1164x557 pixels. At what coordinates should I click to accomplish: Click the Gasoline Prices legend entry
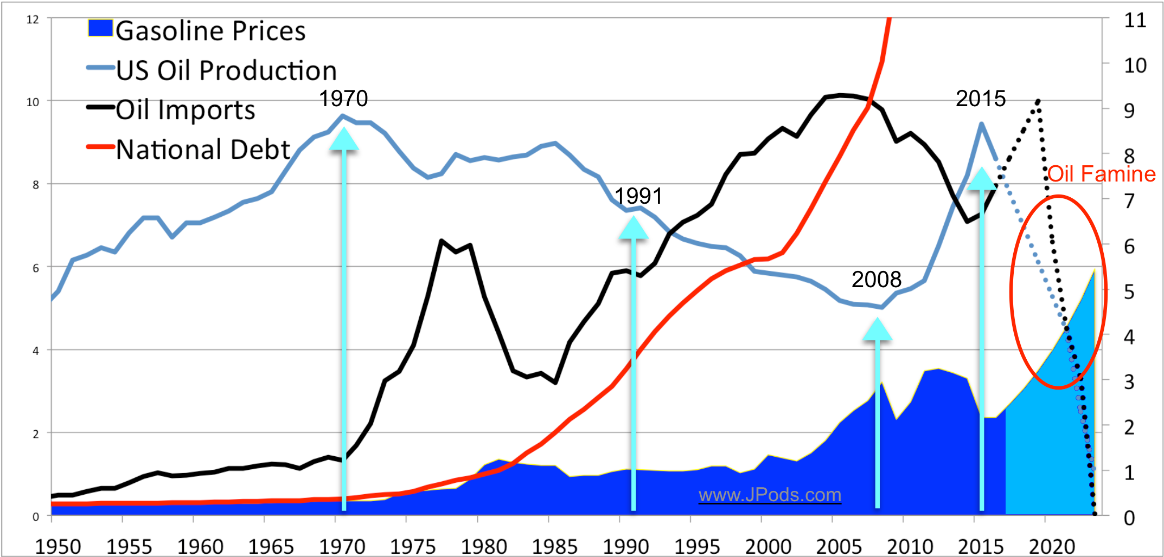[210, 31]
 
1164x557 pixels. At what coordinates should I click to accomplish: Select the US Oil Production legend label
[226, 70]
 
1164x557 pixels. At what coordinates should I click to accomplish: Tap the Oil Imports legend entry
[185, 110]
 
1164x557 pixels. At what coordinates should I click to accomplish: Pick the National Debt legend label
[203, 150]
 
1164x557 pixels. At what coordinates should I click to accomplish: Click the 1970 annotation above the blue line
[343, 99]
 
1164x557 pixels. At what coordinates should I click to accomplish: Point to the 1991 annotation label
[638, 196]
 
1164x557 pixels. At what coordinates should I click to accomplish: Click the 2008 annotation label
[876, 280]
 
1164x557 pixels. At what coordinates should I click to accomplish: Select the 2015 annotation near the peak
[980, 99]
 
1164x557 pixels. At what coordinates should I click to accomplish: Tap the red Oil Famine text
[1101, 174]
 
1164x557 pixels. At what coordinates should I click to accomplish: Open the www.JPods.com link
[770, 495]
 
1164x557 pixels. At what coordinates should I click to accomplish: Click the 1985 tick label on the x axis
[554, 546]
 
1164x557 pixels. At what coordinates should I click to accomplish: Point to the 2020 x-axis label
[1052, 546]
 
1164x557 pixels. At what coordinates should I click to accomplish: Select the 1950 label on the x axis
[58, 546]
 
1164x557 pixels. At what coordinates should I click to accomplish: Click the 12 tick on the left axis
[33, 20]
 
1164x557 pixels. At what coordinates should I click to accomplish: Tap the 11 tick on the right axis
[1135, 21]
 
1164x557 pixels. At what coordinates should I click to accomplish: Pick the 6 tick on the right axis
[1129, 247]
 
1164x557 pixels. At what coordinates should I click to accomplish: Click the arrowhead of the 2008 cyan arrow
[877, 329]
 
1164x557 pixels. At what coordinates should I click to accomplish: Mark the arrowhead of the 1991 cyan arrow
[634, 228]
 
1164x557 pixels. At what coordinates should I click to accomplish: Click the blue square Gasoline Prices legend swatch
[100, 28]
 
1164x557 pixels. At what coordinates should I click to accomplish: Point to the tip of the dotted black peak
[1038, 101]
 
